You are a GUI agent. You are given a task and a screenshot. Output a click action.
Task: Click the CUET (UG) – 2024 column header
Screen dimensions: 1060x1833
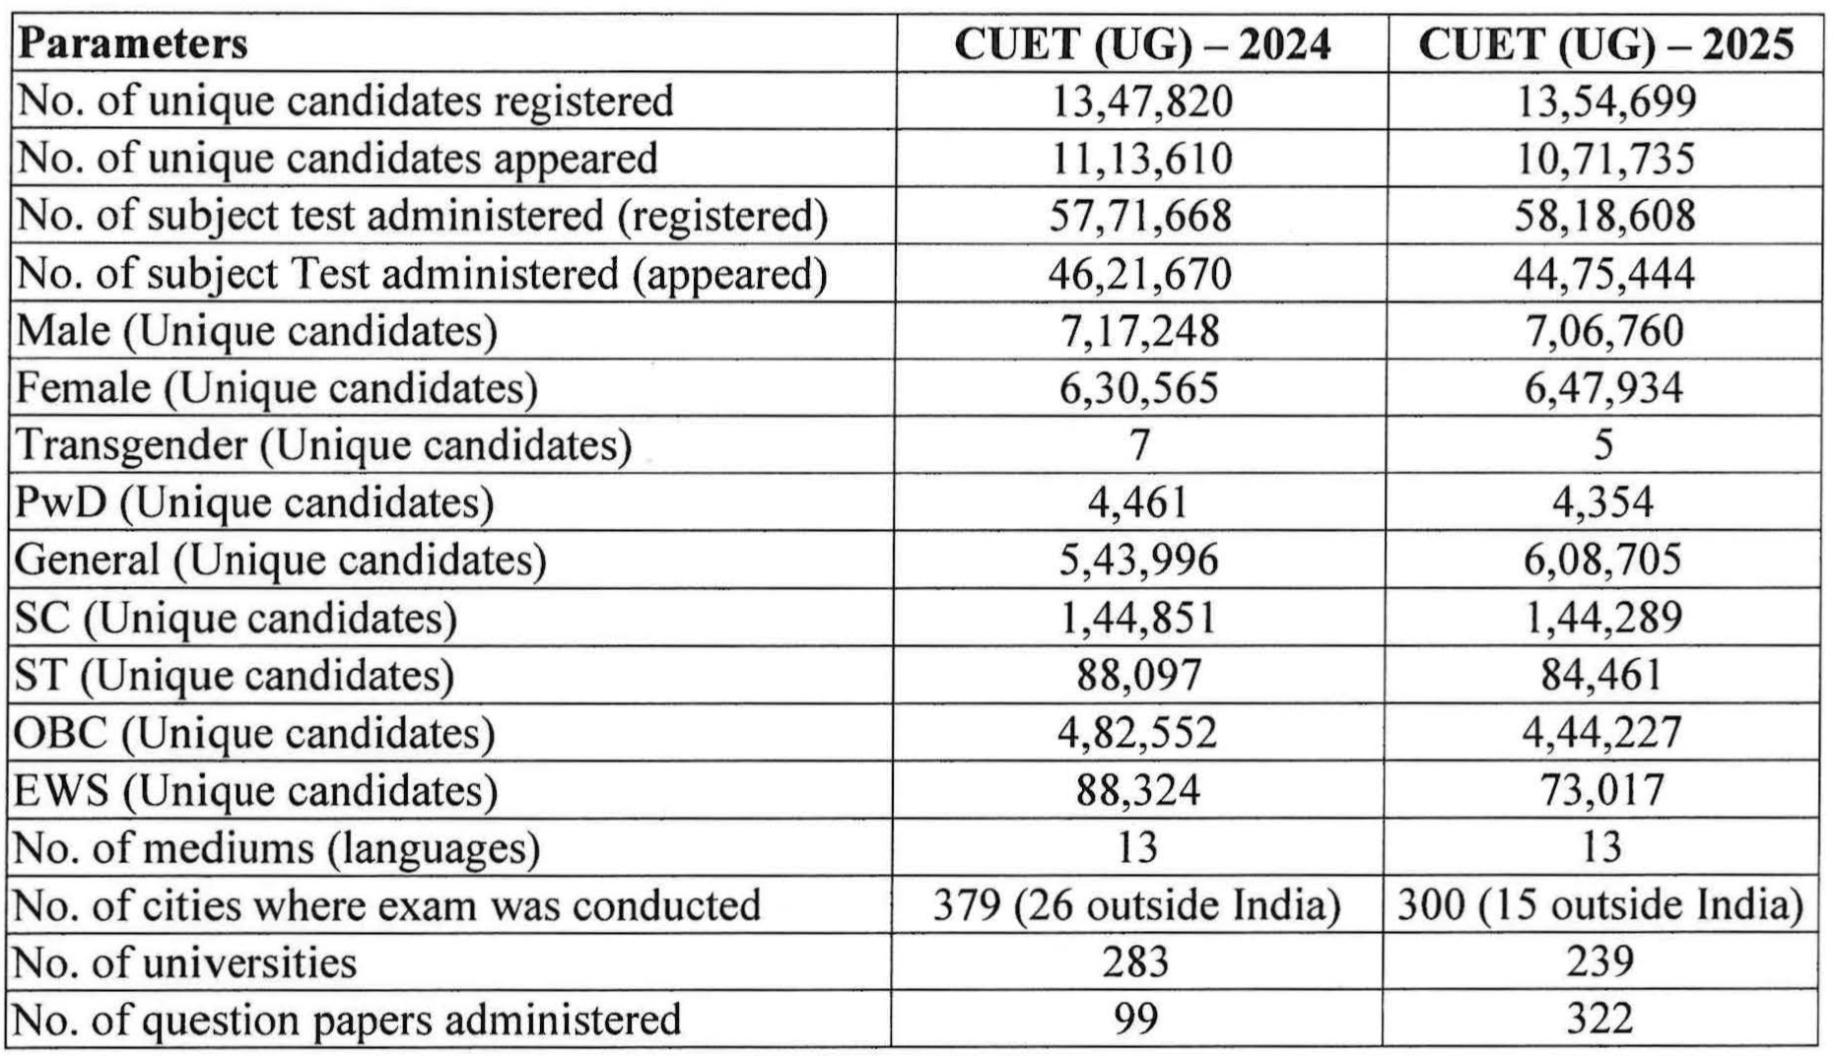pos(1142,44)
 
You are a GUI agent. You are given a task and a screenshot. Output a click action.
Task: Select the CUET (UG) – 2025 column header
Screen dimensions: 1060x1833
pos(1605,44)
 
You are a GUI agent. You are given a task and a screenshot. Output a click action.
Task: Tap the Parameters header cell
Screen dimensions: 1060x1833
pos(132,44)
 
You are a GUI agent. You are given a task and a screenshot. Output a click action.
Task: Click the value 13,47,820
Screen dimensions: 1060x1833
pos(1141,101)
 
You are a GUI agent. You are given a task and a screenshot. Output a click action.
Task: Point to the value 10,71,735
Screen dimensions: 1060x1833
pos(1604,159)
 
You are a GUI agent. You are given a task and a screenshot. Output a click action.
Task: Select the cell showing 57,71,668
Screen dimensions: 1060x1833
pos(1140,216)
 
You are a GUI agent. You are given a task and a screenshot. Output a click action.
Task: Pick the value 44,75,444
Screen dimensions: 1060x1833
pos(1603,273)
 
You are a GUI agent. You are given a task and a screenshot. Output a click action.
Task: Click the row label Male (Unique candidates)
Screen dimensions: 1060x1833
pos(257,331)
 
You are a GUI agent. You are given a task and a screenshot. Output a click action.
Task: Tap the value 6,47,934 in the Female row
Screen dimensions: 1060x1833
pos(1603,387)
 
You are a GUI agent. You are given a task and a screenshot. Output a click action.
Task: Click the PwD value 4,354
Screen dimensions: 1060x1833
pos(1603,502)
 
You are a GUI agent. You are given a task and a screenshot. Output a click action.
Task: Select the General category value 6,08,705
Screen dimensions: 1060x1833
pos(1603,560)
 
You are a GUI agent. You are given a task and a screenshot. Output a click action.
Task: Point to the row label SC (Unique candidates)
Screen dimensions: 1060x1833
pos(237,618)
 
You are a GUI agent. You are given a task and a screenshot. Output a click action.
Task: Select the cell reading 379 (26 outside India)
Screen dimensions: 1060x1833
pos(1137,904)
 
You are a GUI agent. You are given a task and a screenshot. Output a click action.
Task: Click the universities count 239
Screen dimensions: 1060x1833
pos(1600,961)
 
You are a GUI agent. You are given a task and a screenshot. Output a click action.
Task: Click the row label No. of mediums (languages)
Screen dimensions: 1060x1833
pos(279,847)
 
